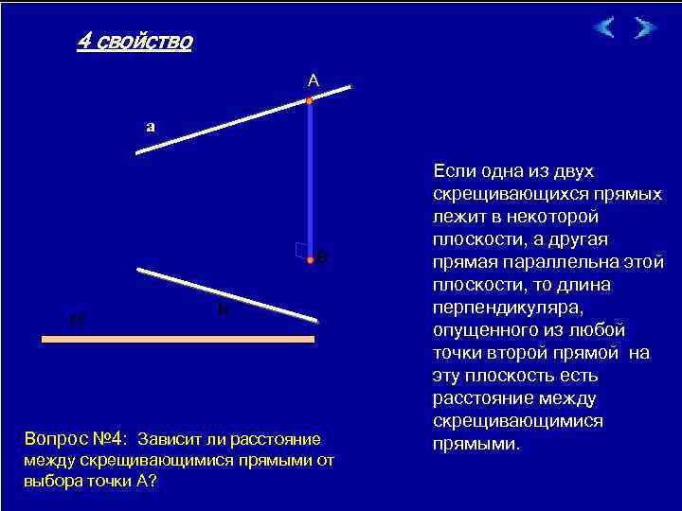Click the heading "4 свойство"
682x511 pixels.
pos(134,42)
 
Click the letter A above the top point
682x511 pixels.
pos(314,82)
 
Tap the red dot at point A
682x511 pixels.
pos(310,99)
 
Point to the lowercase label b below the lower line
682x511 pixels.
pos(222,308)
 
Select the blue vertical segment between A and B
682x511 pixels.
pos(310,180)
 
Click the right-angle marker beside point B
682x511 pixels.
pos(300,250)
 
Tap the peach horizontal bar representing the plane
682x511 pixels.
pos(177,338)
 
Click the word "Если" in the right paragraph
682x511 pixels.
pos(453,170)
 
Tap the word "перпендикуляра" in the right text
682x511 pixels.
pos(502,307)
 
